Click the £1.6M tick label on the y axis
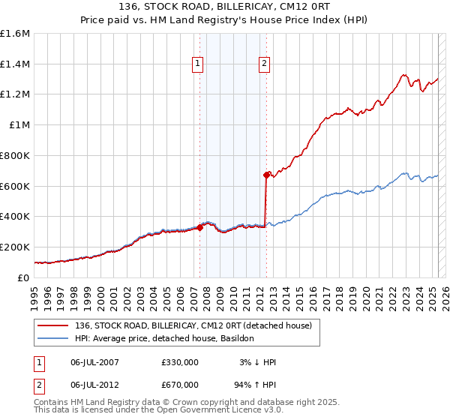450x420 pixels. tap(16, 34)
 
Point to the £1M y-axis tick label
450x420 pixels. tap(19, 124)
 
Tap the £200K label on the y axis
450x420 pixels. tap(15, 247)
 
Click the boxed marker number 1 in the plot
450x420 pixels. tap(197, 64)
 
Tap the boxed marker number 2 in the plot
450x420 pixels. tap(265, 64)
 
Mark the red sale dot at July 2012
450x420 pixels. tap(265, 175)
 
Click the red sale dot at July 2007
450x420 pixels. tap(199, 227)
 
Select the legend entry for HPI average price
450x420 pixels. tap(164, 338)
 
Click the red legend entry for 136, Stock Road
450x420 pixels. tap(187, 325)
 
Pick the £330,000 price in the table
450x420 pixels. tap(179, 362)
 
